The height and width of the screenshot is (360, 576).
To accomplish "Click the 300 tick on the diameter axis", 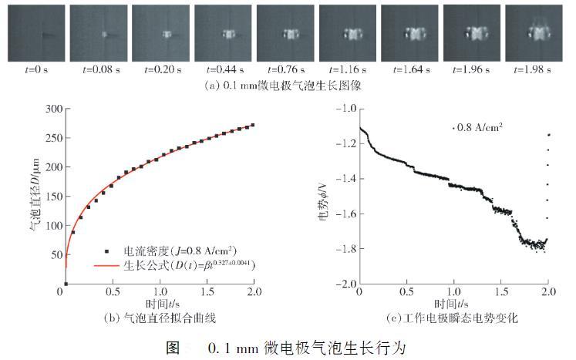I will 52,109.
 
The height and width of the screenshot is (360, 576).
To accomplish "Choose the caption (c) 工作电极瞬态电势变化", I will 453,317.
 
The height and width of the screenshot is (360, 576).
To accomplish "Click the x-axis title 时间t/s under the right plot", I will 453,304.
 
